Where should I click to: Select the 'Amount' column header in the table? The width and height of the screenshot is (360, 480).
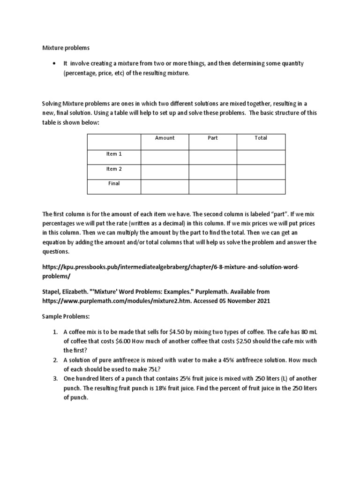pos(165,138)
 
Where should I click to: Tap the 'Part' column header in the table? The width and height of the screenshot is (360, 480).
pos(213,138)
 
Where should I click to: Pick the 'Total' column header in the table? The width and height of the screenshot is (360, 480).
pos(261,138)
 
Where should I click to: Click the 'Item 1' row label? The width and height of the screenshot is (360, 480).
pos(114,154)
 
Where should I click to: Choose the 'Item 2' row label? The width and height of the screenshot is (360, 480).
pos(114,169)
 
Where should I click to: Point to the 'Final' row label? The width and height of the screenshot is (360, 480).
pos(114,183)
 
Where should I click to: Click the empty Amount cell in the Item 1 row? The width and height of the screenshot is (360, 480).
pos(165,157)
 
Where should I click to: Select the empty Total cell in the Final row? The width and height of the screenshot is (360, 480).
pos(261,186)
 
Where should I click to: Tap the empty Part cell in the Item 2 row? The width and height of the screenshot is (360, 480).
pos(213,172)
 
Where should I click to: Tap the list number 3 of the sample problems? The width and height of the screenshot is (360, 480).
pos(55,378)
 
